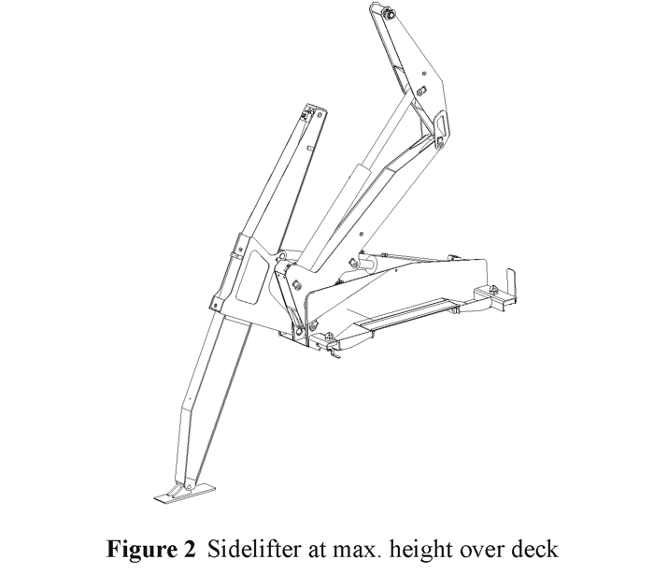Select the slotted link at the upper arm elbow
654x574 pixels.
click(436, 125)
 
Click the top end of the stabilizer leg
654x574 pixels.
click(311, 113)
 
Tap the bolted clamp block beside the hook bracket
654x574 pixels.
click(490, 296)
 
